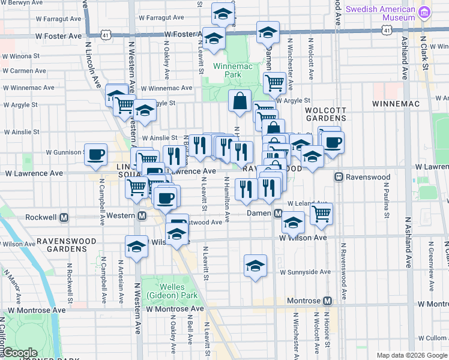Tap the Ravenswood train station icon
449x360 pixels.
click(339, 177)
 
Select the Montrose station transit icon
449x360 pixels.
click(327, 301)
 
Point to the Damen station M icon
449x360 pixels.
click(278, 213)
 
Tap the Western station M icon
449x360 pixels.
click(142, 216)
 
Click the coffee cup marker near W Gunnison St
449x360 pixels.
click(96, 155)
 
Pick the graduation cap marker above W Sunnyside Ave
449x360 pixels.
click(255, 265)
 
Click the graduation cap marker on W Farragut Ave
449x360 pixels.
click(223, 15)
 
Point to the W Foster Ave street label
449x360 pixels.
click(58, 37)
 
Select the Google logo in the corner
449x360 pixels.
click(20, 352)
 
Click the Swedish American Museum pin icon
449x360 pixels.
click(424, 12)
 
